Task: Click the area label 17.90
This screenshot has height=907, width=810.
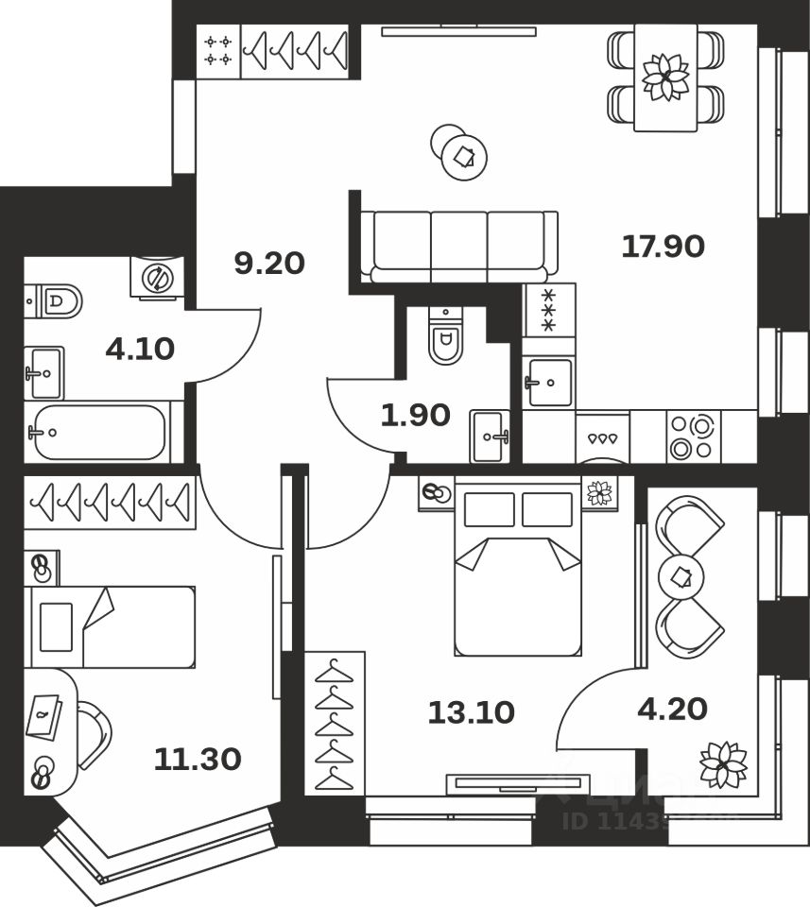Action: (663, 247)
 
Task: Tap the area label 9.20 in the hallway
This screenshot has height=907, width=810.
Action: (269, 262)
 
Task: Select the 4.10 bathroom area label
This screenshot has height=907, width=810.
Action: (140, 350)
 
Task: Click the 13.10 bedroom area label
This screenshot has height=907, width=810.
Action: (471, 712)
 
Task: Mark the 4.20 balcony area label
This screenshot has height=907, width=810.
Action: (673, 708)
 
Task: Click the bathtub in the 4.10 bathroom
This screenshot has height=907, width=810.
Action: (98, 433)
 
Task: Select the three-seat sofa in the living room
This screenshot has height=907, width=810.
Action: (458, 245)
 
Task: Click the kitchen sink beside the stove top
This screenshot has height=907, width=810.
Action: (549, 383)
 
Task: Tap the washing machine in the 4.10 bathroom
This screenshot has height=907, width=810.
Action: (157, 278)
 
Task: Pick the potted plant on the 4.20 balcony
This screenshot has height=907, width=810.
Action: (723, 763)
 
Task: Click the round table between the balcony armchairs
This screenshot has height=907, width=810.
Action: (682, 575)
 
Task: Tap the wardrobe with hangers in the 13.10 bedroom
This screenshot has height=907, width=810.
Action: (334, 723)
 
